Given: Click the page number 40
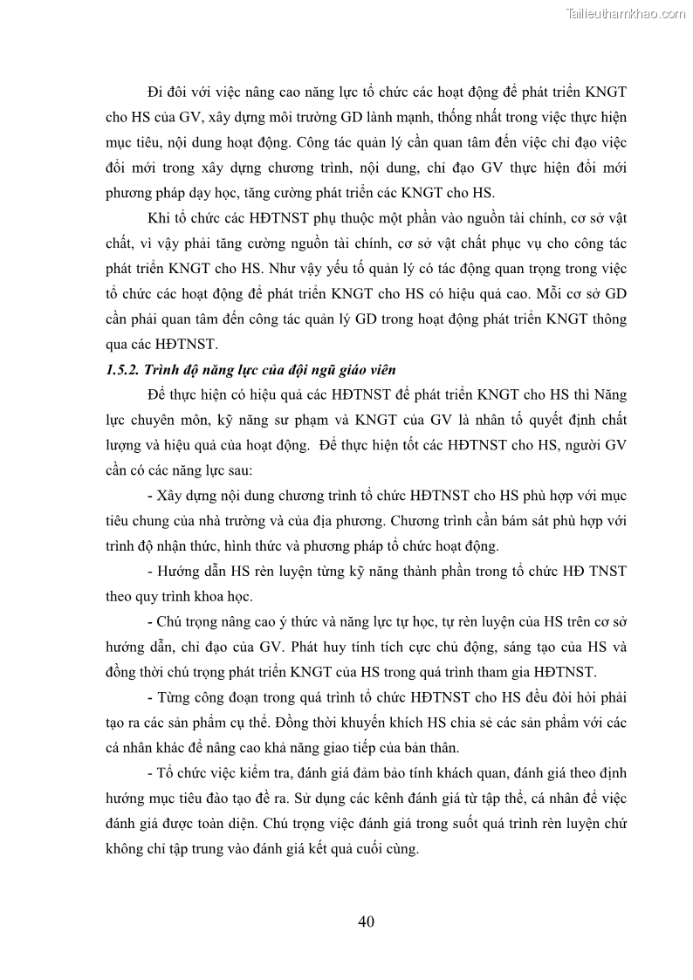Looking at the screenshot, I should click(x=366, y=922).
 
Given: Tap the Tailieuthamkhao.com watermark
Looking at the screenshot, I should click(x=626, y=13).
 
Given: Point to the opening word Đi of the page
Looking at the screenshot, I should click(x=157, y=92).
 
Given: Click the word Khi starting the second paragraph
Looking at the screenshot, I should click(x=160, y=218).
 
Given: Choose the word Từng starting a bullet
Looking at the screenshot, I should click(x=175, y=699).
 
